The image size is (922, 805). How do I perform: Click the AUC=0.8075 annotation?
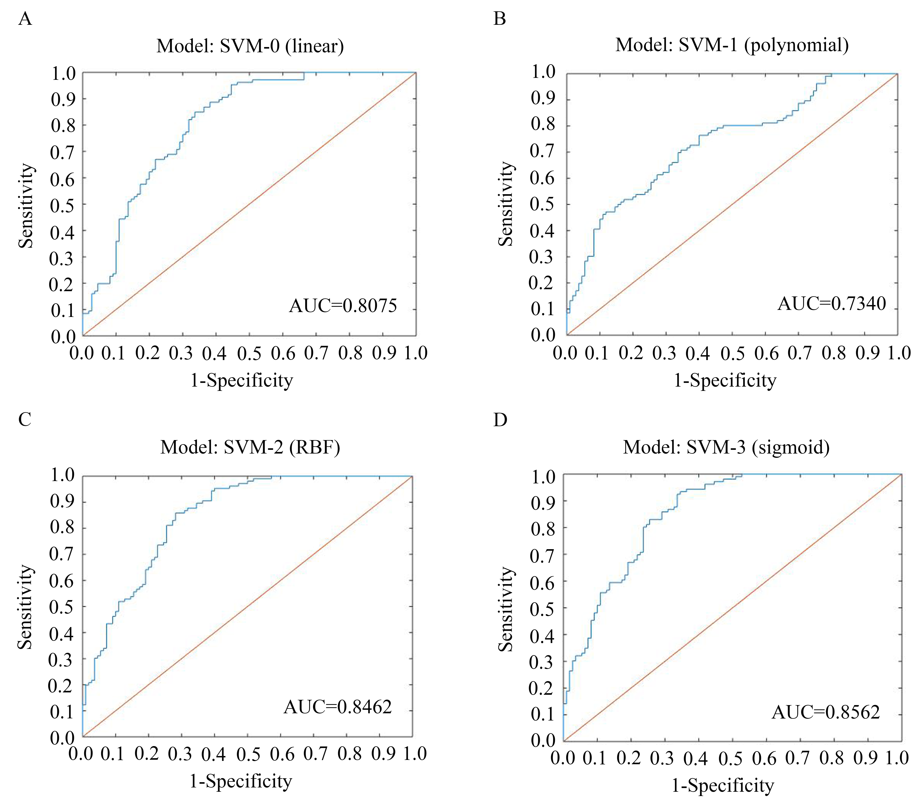point(343,306)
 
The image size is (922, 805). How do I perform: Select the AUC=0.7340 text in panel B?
point(832,304)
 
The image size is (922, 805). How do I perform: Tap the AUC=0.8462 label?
point(337,707)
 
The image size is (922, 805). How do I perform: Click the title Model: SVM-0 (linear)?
point(250,46)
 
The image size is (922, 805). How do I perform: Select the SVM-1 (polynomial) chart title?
point(732,45)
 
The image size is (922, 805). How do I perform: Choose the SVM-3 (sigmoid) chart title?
point(726,447)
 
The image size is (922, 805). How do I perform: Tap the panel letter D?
point(500,420)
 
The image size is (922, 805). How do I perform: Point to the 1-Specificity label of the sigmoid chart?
point(723,785)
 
